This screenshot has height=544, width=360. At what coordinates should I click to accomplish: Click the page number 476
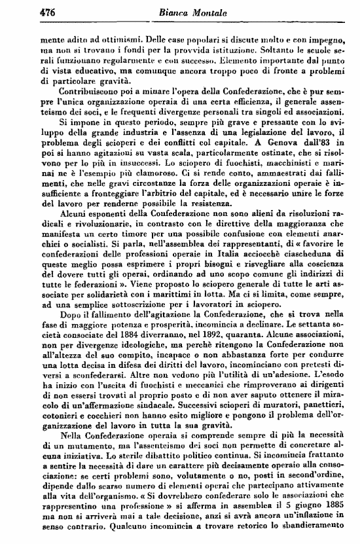click(46, 10)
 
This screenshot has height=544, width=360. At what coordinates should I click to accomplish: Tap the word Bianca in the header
click(168, 10)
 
